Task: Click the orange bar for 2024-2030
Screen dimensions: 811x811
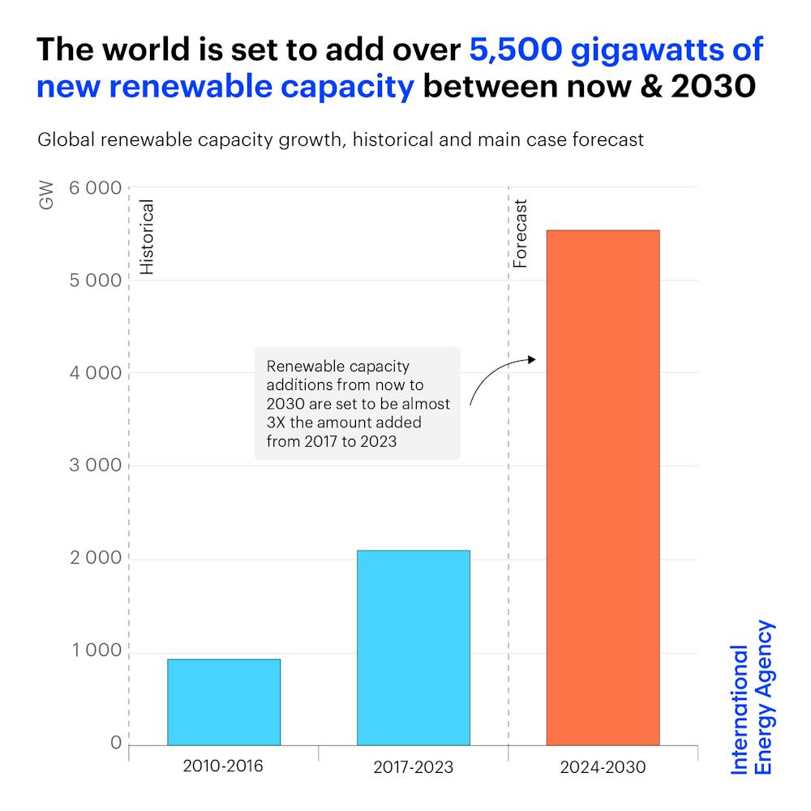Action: (x=603, y=487)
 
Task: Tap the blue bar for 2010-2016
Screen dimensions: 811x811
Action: (x=224, y=702)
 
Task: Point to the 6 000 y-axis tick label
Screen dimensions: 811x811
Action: (x=94, y=188)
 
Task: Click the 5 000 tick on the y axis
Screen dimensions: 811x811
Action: (x=94, y=281)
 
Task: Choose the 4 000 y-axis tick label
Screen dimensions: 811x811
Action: (x=94, y=373)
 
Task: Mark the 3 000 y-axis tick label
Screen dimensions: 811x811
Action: (x=94, y=466)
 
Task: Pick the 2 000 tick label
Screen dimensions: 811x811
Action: (x=94, y=559)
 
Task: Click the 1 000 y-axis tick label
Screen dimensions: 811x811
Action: (x=94, y=651)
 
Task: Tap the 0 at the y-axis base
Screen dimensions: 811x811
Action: (x=115, y=744)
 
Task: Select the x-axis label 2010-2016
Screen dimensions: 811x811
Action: (x=223, y=766)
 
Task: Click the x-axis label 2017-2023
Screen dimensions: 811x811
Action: (x=413, y=766)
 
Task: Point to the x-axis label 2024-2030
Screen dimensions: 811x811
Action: (x=603, y=766)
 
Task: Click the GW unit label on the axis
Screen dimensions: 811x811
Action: (x=46, y=196)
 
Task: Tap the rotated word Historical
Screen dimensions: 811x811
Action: (x=147, y=237)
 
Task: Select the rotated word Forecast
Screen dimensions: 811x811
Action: (x=521, y=234)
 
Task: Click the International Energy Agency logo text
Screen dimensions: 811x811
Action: (x=753, y=698)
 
